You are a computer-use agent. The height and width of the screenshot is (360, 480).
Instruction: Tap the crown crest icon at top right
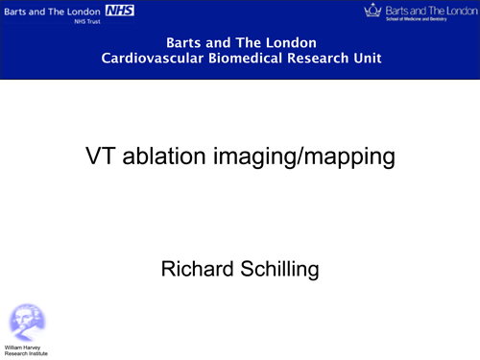point(372,11)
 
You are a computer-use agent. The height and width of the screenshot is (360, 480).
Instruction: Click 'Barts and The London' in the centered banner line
point(241,43)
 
